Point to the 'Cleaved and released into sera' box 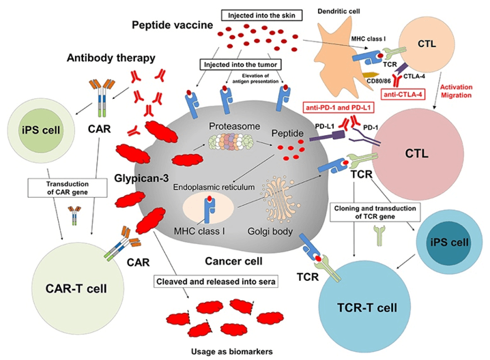pyautogui.click(x=218, y=280)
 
